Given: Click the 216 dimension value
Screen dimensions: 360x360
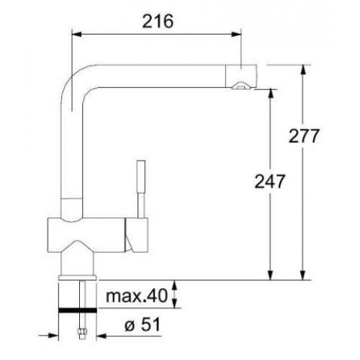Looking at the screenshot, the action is coord(158,21).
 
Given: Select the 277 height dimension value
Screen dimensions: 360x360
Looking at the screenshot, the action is coord(304,136).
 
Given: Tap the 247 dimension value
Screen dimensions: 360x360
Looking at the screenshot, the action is coord(270,181).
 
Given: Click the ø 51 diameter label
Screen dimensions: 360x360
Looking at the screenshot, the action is coord(143,325).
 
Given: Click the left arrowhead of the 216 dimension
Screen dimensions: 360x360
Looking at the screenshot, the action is coord(77,34).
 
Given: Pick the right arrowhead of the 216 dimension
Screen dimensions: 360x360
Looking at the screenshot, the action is coord(236,34).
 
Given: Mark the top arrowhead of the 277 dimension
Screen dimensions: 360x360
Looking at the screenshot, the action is coord(303,70).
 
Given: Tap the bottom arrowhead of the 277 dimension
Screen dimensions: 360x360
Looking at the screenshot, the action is coord(303,275).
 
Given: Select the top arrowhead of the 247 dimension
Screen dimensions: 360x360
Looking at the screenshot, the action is coord(271,94).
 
